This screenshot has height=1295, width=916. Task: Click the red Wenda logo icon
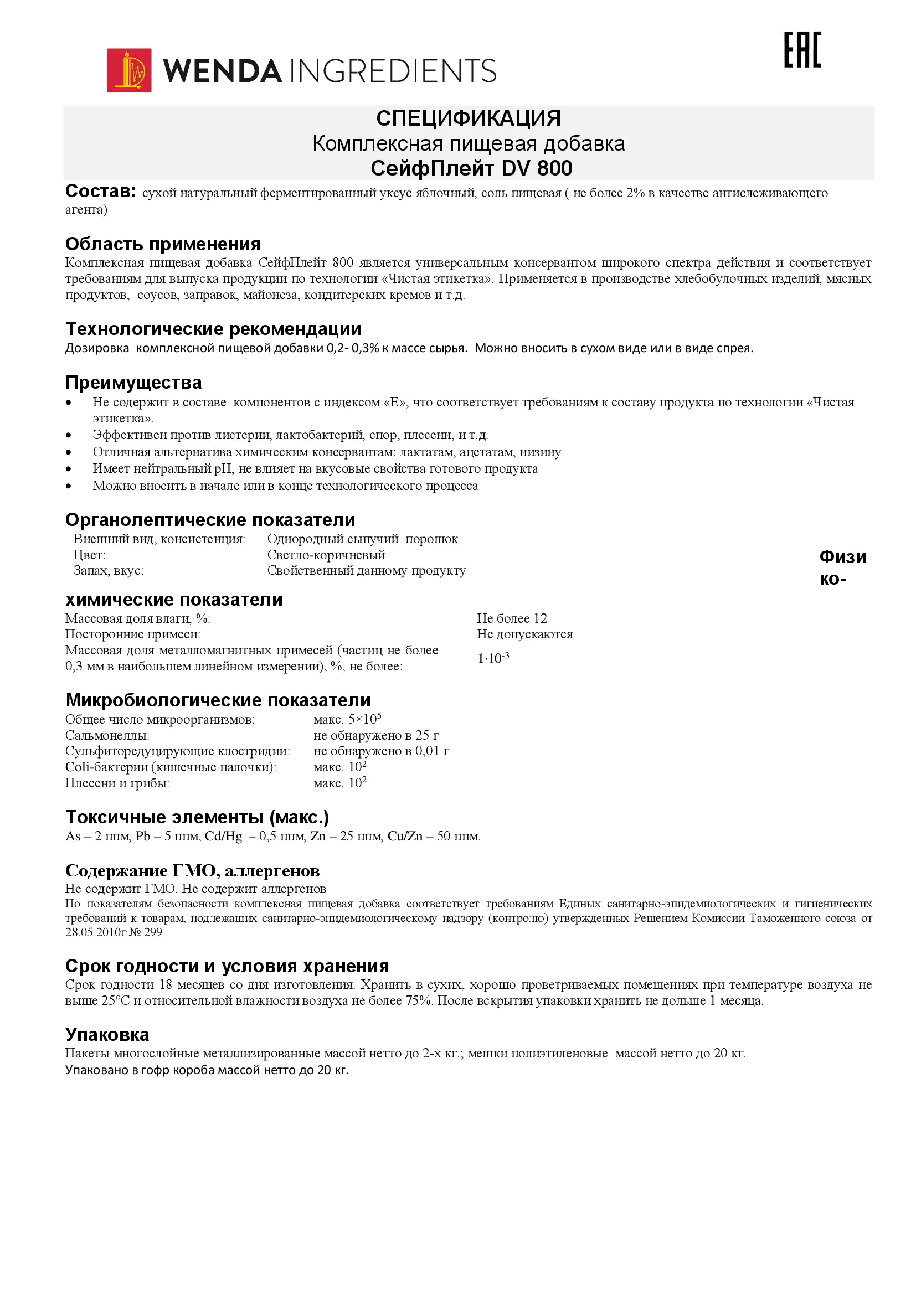(129, 70)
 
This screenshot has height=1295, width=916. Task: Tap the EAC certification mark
(802, 50)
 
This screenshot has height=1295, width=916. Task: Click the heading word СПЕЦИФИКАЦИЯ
(468, 118)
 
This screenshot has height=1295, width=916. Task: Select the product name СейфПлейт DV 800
(471, 168)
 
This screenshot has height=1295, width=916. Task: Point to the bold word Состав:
(100, 191)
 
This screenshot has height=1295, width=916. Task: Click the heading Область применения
(162, 244)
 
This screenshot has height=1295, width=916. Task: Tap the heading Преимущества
(133, 383)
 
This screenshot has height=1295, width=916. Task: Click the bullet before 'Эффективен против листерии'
(68, 435)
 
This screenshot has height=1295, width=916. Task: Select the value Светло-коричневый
(326, 555)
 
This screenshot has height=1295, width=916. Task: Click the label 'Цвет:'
(89, 555)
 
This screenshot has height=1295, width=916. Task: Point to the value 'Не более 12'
(512, 618)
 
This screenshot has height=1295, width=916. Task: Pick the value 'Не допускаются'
(524, 634)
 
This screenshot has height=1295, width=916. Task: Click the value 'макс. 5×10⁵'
(347, 719)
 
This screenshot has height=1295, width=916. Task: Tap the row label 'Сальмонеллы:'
(107, 735)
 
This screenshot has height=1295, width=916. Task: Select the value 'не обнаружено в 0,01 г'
(381, 751)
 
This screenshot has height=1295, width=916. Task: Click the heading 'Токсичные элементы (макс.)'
(197, 817)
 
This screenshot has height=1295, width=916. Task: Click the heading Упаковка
(107, 1034)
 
